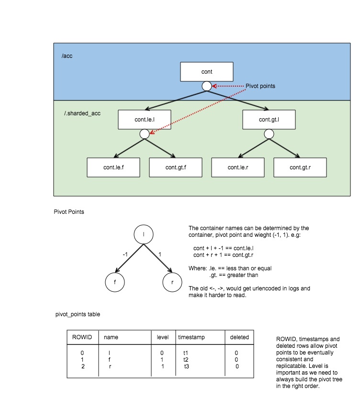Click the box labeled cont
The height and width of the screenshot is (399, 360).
click(x=206, y=72)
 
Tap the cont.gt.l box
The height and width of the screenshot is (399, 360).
click(x=269, y=120)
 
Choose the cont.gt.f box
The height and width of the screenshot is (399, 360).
click(x=176, y=167)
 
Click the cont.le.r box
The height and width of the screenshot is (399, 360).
click(x=237, y=167)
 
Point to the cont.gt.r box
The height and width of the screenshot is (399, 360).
click(x=300, y=167)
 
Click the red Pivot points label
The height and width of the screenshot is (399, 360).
click(x=260, y=86)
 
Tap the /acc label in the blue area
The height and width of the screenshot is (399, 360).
click(x=67, y=56)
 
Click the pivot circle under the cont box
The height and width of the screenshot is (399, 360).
click(x=207, y=86)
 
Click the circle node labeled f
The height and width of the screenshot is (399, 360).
click(x=115, y=282)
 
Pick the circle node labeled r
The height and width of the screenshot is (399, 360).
click(x=173, y=282)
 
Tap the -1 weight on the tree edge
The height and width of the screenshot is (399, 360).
click(x=125, y=255)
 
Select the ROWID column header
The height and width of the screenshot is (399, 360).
click(x=81, y=337)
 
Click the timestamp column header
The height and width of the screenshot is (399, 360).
click(x=191, y=337)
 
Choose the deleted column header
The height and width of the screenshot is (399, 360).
click(x=239, y=337)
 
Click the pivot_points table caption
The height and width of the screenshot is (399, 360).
click(x=78, y=314)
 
